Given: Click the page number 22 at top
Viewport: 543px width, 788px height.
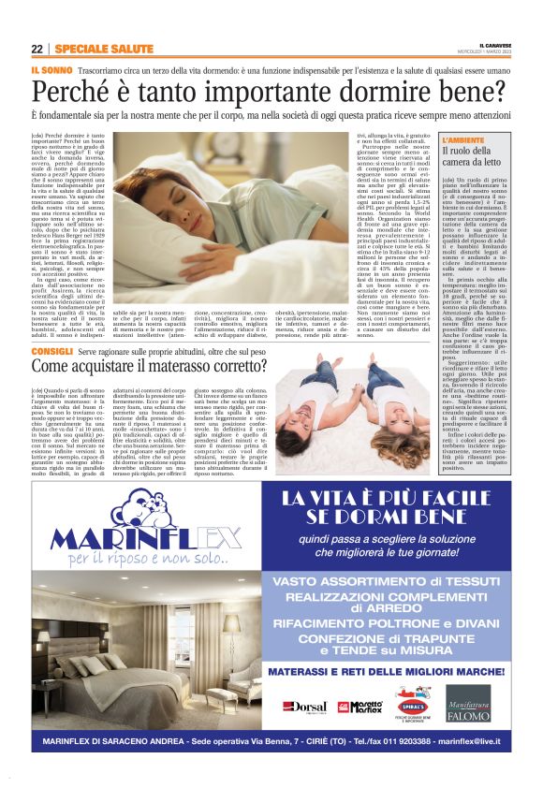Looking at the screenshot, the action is (x=37, y=50).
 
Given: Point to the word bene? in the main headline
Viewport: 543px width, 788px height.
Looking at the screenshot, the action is (x=476, y=92).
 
